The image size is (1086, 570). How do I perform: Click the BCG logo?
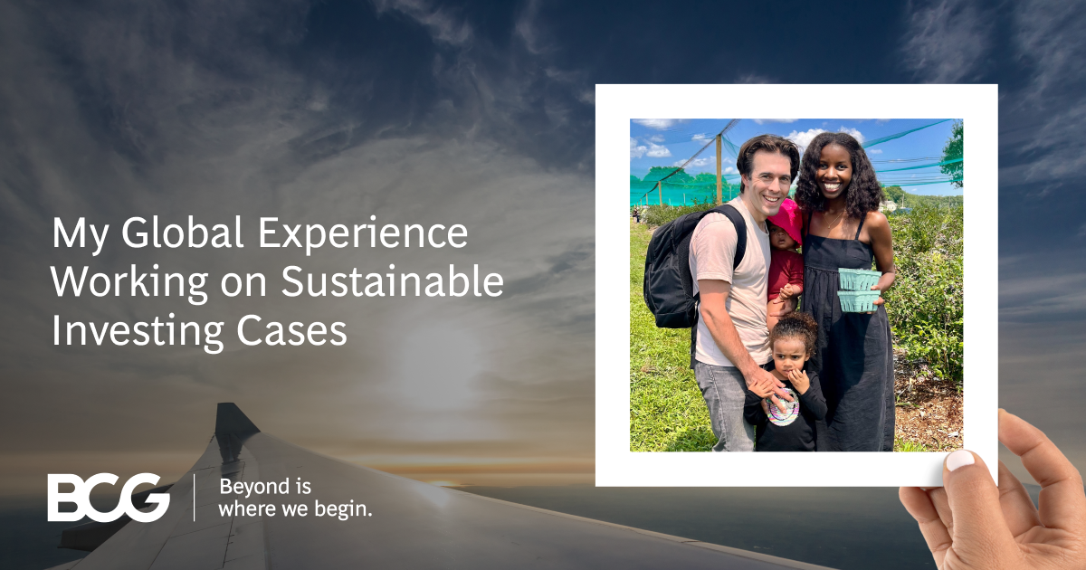(x=109, y=497)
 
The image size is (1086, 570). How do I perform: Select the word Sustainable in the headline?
(x=391, y=282)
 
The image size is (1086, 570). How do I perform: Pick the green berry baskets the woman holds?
(x=858, y=290)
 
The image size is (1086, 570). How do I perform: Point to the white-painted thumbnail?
(x=958, y=460)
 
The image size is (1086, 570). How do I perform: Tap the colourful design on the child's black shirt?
(x=782, y=409)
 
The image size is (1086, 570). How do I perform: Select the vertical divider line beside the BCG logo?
(x=195, y=497)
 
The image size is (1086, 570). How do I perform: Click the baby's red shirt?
(x=785, y=271)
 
